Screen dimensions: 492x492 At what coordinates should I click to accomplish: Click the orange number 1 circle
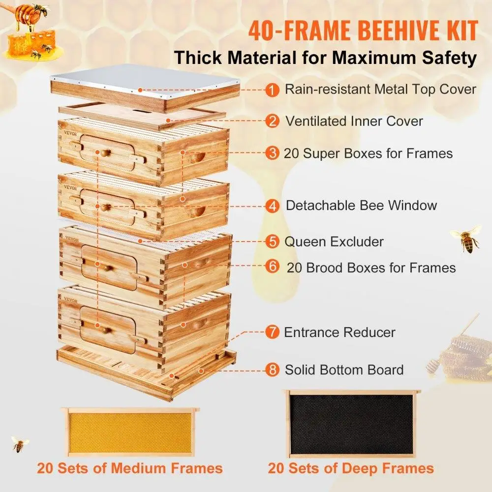[x=271, y=90]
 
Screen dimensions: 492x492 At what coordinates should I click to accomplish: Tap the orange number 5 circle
[x=271, y=242]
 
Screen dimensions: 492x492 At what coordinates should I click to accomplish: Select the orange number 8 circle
[x=271, y=370]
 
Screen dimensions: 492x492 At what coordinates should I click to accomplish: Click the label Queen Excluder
[x=334, y=242]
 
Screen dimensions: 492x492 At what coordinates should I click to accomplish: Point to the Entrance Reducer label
[x=339, y=332]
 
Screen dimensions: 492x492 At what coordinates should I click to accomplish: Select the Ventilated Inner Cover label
[x=354, y=121]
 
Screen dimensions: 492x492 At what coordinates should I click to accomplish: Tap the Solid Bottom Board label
[x=344, y=370]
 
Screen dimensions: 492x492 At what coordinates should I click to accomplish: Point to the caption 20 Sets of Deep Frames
[x=351, y=468]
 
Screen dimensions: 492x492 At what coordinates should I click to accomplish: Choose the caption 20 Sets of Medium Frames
[x=129, y=468]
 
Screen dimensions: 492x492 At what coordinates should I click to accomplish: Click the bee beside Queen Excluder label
[x=466, y=237]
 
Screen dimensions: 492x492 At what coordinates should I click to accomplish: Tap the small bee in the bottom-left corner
[x=19, y=444]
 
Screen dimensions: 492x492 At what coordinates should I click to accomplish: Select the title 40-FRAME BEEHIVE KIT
[x=363, y=31]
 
